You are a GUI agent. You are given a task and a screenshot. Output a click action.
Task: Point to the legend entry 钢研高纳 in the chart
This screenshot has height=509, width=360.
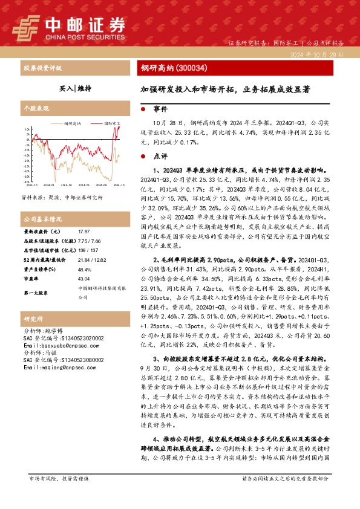coord(74,123)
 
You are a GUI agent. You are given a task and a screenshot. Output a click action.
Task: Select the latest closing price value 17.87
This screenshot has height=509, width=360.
coord(84,232)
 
